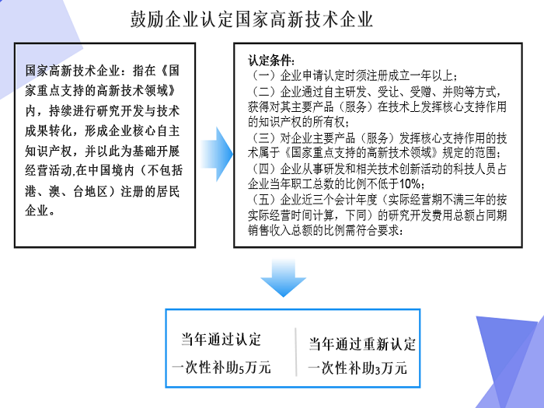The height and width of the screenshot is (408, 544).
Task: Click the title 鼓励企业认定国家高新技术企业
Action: click(252, 19)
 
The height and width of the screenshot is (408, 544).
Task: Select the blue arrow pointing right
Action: click(217, 154)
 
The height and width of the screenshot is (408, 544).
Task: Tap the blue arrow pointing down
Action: click(283, 277)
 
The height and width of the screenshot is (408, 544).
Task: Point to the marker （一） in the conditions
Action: click(264, 75)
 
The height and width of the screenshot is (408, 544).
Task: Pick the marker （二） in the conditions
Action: click(264, 92)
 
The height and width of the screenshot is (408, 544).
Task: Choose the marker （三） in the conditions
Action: click(264, 138)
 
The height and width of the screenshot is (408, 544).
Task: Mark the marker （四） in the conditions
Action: click(264, 169)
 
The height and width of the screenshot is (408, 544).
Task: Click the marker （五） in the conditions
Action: click(264, 200)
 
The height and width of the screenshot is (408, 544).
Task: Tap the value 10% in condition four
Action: click(410, 183)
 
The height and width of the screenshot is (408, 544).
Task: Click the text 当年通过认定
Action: click(221, 340)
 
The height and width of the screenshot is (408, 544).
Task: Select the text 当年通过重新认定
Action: click(362, 343)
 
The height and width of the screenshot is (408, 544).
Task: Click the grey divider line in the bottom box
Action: click(296, 352)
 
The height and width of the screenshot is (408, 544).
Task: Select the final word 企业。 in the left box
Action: click(40, 211)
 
